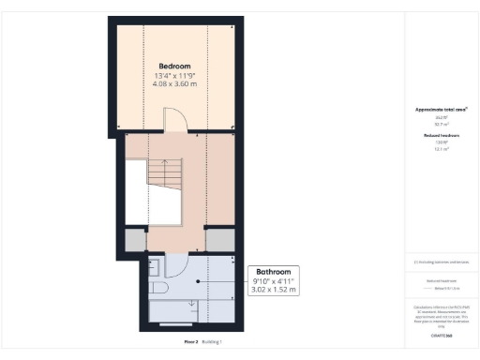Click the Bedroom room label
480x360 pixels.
174,66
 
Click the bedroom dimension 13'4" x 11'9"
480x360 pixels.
174,76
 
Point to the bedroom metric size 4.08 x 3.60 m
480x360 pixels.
174,85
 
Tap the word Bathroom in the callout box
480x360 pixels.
274,269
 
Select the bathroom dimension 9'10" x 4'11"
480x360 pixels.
274,279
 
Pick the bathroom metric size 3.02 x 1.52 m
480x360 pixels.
274,290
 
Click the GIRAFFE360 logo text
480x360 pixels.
441,335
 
